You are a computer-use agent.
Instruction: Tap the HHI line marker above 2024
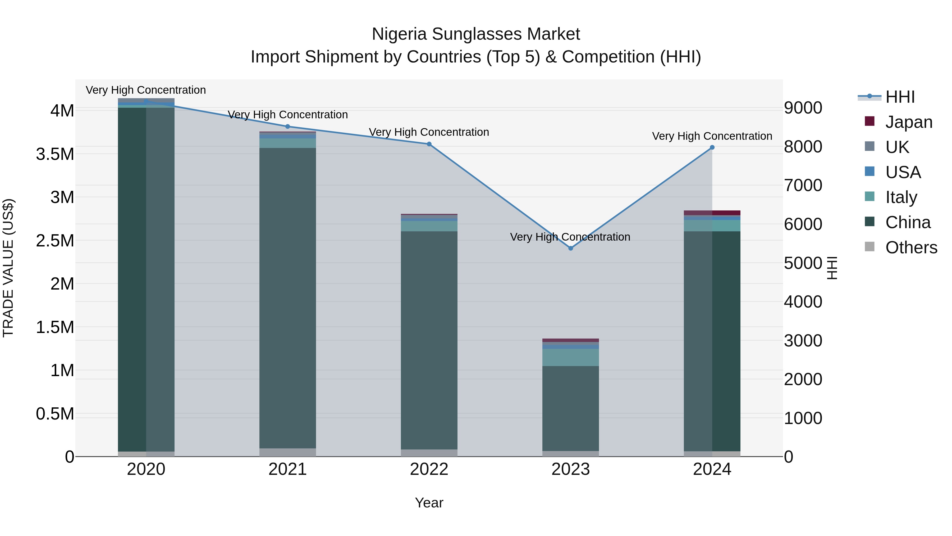(x=712, y=147)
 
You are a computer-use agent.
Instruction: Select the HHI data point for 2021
(x=287, y=127)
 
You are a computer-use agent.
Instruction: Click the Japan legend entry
(x=908, y=122)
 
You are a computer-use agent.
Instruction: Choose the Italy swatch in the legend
(x=869, y=196)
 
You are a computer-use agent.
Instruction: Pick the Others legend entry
(x=911, y=247)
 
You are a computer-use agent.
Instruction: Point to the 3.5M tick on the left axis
(x=55, y=154)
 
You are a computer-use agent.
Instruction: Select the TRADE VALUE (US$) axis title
(x=8, y=268)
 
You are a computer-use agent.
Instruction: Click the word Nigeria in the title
(x=400, y=34)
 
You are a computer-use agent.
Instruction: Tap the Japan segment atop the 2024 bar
(x=712, y=213)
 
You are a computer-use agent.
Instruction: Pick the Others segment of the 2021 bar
(x=287, y=452)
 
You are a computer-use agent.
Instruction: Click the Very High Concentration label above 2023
(x=570, y=237)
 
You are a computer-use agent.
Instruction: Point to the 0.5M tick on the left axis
(x=55, y=414)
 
